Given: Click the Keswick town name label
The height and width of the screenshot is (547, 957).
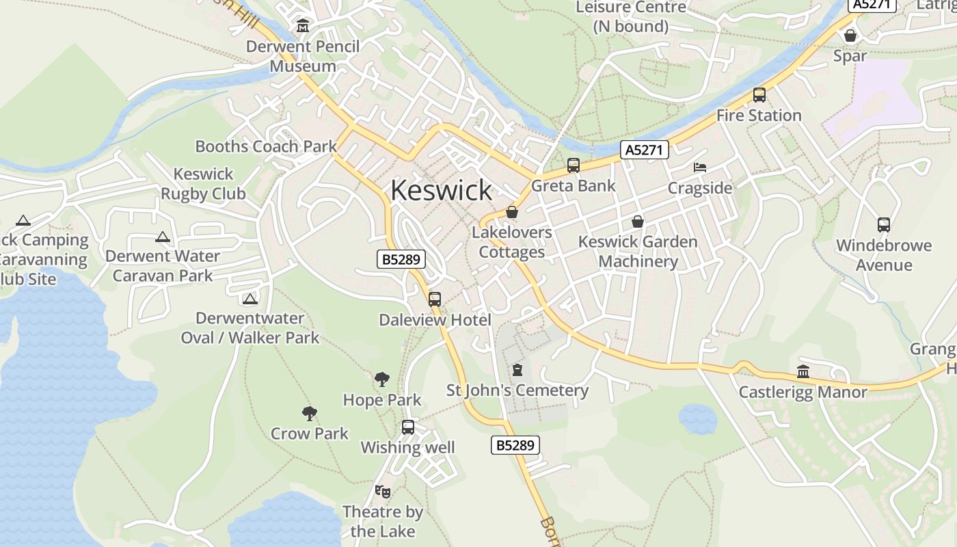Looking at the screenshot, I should pos(441,190).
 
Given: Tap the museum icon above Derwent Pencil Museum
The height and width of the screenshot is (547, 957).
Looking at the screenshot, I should pos(302,27).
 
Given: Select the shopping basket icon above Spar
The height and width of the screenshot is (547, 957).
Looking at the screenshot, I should pos(850,36).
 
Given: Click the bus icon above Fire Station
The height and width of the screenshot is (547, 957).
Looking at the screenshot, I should pos(759,95).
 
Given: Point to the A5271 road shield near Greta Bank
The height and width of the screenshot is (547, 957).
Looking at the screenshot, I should pos(644,150).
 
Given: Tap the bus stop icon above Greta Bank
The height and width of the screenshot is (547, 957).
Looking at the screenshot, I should pos(573,165).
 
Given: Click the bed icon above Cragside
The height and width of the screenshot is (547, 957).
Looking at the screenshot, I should pos(700,168).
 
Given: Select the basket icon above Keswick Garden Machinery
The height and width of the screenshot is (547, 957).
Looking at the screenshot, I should pos(637,222).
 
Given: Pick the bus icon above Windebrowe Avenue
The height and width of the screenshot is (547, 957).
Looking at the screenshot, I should pos(883,225).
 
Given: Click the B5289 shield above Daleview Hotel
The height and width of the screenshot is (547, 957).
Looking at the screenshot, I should pos(401,259).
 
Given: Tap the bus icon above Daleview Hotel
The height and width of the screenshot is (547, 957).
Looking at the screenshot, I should pos(434,299).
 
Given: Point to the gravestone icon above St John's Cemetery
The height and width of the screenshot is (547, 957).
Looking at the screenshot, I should pos(517,370).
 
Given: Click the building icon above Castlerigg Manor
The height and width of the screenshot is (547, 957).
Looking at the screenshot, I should pos(803,372).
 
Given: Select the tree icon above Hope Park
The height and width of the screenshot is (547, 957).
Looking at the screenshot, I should pos(382,379).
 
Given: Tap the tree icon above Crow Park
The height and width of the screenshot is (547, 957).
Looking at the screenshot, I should pos(310,413).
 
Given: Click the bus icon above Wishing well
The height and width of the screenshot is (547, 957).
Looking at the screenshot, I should pos(408,427).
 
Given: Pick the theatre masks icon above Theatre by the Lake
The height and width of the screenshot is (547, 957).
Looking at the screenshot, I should pos(383,491).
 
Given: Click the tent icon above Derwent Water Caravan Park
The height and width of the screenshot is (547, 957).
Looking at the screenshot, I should pos(162,237).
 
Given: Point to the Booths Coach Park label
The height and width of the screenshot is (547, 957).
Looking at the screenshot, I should pos(266,146).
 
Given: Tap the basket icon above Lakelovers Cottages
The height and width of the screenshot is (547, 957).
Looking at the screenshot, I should pos(511,213).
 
